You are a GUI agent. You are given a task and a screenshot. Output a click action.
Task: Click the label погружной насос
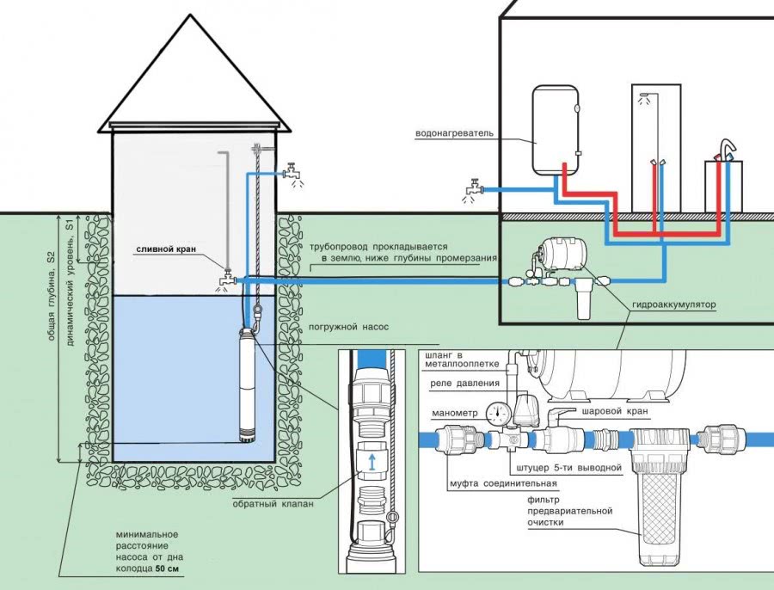click(x=342, y=328)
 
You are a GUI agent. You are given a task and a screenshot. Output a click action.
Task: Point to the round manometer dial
click(x=494, y=411)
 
